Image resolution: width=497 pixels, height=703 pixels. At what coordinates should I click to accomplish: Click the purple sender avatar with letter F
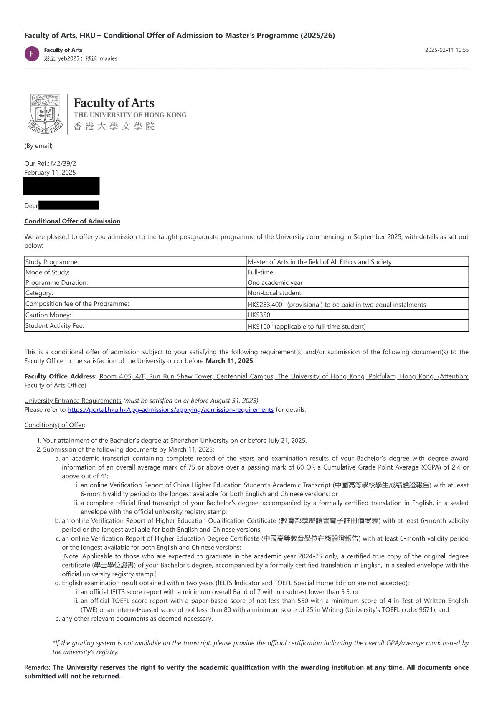tap(32, 54)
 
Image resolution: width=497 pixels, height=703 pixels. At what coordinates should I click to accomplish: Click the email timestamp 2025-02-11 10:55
tap(446, 50)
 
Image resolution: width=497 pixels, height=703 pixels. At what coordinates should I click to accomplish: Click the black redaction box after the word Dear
tap(68, 205)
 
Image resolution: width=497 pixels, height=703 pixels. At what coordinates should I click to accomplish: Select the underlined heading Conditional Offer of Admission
tap(72, 221)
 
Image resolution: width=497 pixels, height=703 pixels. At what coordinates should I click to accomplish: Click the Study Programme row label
tap(52, 262)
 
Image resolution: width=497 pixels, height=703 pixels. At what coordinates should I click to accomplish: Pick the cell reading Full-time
tap(261, 272)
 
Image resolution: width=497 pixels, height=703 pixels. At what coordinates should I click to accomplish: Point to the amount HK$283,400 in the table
tap(265, 305)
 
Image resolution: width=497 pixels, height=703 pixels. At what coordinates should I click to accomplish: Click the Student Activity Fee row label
tap(55, 326)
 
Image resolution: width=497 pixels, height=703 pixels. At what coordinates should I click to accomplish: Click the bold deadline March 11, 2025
tap(229, 361)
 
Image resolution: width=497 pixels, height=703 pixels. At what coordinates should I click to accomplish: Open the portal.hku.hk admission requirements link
tap(170, 409)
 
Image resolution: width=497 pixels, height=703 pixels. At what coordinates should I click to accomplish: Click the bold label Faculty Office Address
tap(61, 376)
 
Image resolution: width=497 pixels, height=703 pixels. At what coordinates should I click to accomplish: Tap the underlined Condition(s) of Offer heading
tap(55, 425)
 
